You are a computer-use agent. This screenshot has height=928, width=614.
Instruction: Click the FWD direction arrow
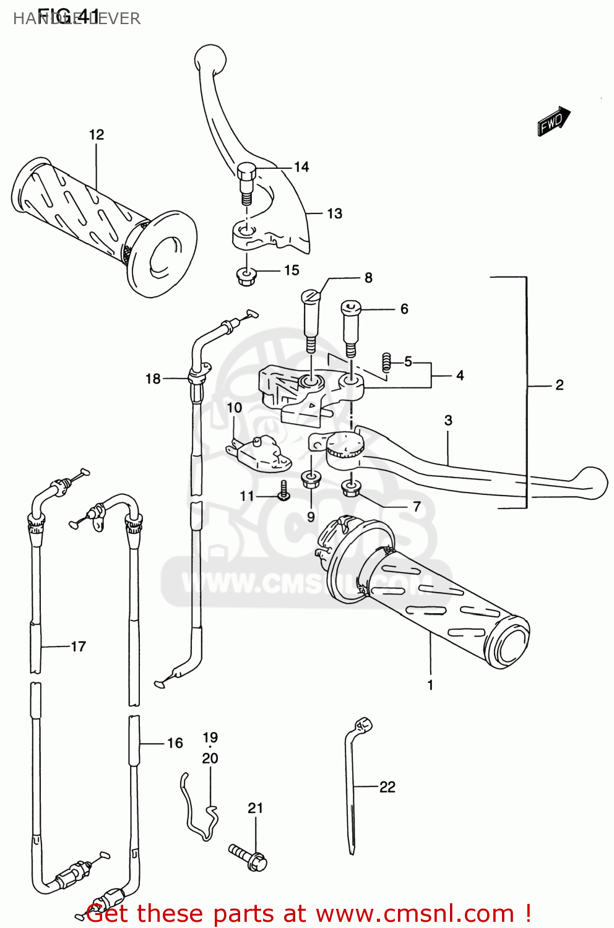(553, 121)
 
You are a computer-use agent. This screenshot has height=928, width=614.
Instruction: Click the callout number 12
(97, 135)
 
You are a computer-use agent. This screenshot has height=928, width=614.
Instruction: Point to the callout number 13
(334, 213)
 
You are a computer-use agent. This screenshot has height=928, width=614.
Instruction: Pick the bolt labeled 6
(350, 325)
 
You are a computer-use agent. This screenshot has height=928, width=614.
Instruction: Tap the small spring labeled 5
(387, 362)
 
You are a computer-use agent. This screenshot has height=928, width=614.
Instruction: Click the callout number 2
(559, 385)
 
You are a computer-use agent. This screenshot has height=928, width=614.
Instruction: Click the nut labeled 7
(351, 489)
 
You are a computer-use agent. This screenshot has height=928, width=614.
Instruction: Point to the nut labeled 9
(310, 479)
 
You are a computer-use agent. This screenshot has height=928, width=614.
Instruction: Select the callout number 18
(153, 379)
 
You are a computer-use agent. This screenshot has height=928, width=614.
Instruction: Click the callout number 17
(79, 647)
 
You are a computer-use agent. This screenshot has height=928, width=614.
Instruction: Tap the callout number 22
(387, 787)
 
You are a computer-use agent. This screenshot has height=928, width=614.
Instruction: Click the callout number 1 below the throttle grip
(430, 685)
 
